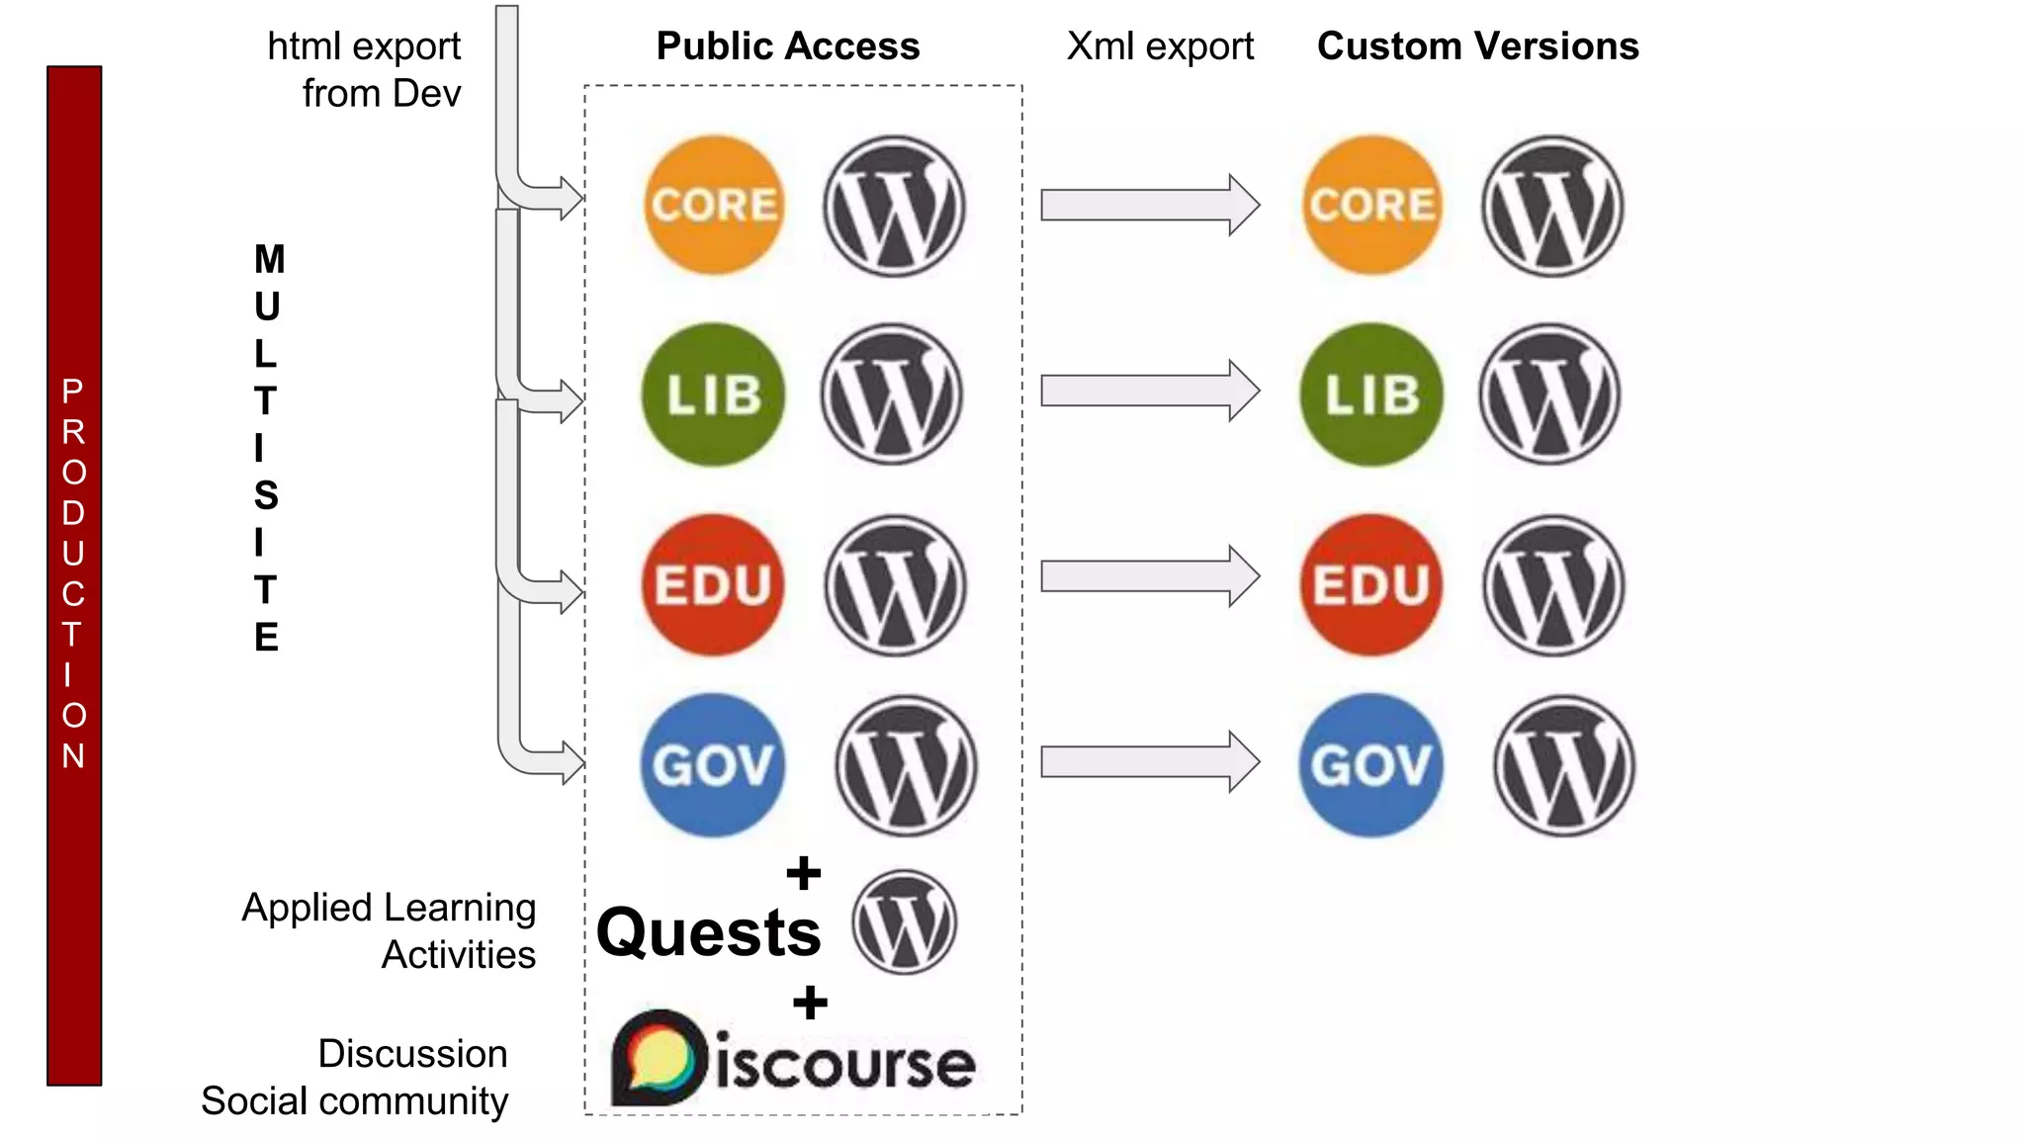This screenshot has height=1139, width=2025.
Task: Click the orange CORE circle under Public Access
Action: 713,205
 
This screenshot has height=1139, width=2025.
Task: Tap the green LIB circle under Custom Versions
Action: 1371,394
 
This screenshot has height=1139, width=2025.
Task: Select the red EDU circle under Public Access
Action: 713,584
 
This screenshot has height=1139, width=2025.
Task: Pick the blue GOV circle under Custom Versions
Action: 1371,765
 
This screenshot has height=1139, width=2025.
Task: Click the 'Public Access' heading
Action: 788,46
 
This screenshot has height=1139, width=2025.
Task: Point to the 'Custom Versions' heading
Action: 1477,46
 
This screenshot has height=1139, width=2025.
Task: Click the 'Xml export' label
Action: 1160,46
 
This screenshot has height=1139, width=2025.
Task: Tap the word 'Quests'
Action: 709,932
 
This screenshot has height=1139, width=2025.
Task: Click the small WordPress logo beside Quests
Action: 904,921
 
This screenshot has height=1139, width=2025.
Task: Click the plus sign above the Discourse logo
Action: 810,1004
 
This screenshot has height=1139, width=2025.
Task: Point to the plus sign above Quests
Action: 804,873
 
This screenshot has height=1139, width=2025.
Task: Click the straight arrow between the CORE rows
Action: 1149,205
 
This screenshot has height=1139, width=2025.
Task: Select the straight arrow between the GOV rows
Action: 1149,761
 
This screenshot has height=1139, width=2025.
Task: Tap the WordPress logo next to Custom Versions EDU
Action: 1552,584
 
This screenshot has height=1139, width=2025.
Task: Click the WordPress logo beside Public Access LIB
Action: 892,394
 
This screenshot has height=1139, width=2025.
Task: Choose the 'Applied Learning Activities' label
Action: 390,930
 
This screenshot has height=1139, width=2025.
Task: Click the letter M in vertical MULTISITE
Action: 269,260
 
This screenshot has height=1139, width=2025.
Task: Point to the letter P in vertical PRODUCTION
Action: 72,392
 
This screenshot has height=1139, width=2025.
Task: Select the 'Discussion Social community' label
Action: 355,1078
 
